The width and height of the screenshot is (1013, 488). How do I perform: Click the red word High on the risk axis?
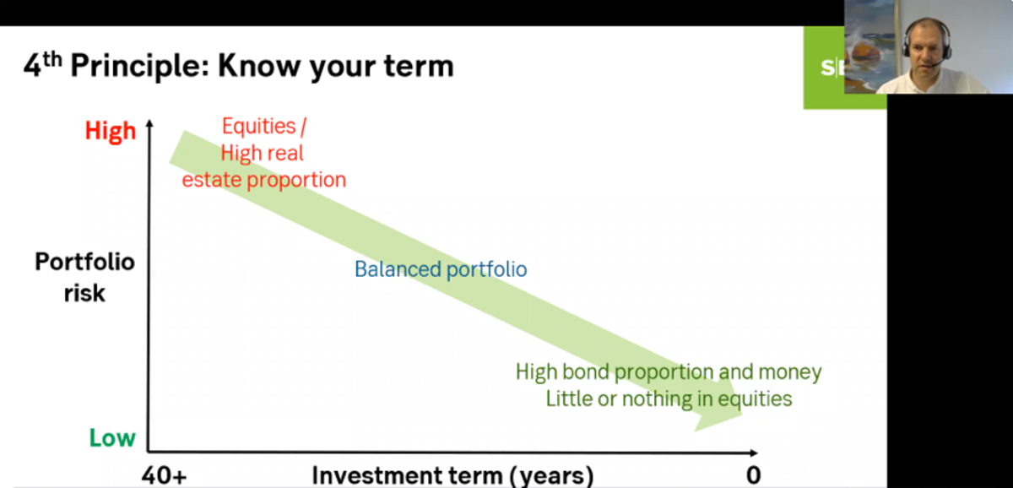(111, 131)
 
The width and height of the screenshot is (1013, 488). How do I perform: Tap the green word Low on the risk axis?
(112, 438)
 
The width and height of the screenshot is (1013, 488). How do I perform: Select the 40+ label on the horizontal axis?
(164, 475)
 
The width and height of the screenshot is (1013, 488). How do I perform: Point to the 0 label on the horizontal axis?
(753, 475)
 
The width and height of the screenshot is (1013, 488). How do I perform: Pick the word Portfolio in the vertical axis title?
(85, 262)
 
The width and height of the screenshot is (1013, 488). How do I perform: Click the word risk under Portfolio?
(84, 293)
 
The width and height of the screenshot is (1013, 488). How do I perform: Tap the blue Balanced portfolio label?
(441, 269)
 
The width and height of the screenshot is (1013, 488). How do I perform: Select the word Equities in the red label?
(258, 126)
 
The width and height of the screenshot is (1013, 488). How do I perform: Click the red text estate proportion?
(264, 180)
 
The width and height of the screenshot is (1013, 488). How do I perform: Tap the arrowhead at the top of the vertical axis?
(149, 123)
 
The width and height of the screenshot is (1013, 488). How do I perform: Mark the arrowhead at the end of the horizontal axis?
(753, 453)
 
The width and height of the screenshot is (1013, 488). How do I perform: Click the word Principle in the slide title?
(140, 67)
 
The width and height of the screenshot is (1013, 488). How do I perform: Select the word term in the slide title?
(419, 67)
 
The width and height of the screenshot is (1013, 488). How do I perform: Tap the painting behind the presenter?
(869, 46)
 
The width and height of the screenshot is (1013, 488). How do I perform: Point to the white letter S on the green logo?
(827, 68)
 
